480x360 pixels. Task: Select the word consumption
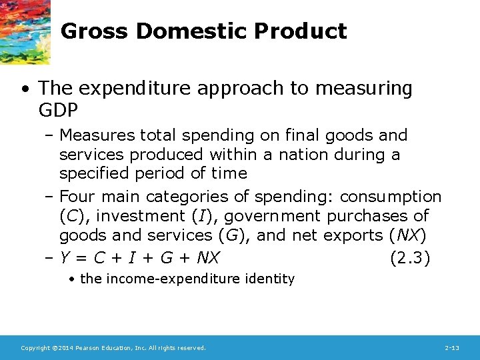tap(391, 197)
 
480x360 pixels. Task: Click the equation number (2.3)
tap(409, 257)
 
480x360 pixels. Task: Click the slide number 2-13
tap(452, 348)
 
